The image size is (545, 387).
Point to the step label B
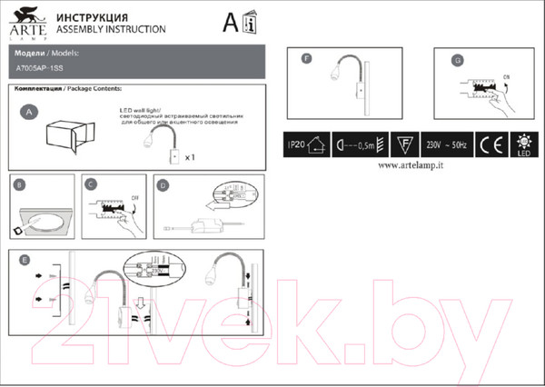[x=20, y=184]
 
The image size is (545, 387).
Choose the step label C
[x=92, y=184]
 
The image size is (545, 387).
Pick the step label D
[x=163, y=184]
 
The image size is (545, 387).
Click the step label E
[x=21, y=259]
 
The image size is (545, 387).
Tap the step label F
[x=306, y=57]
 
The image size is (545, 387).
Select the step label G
[x=458, y=59]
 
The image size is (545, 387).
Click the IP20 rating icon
[x=306, y=144]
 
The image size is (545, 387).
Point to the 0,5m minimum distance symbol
[x=354, y=144]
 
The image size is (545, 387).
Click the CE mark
[x=487, y=144]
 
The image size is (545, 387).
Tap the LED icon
[x=523, y=144]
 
